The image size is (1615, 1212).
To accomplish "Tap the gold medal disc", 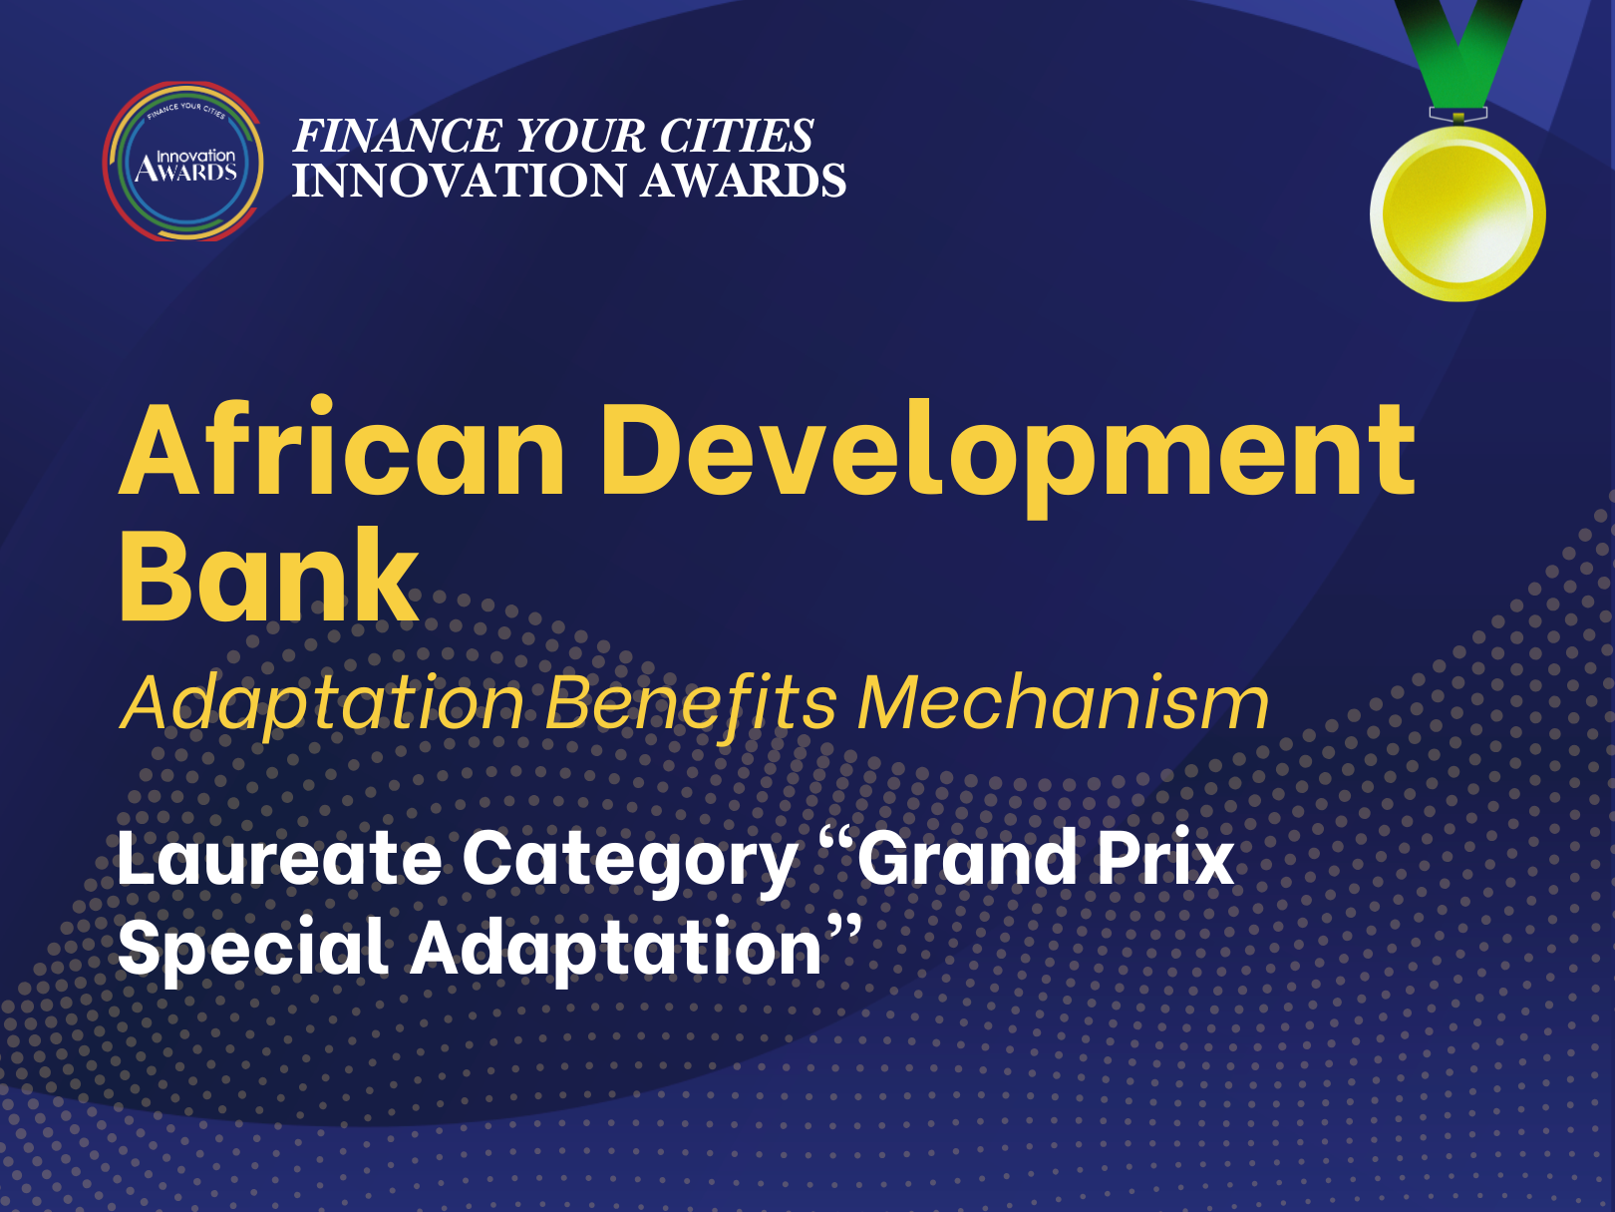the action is tap(1457, 213).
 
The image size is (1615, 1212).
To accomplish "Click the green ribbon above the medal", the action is tap(1458, 55).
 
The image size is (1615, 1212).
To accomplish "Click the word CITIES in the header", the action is tap(736, 136).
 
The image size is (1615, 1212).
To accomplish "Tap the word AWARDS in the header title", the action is tap(743, 181).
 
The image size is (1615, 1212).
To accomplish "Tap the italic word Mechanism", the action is tap(1063, 702).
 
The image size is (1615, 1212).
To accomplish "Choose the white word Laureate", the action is tap(279, 858).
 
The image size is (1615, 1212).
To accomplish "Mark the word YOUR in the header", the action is tap(580, 136).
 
